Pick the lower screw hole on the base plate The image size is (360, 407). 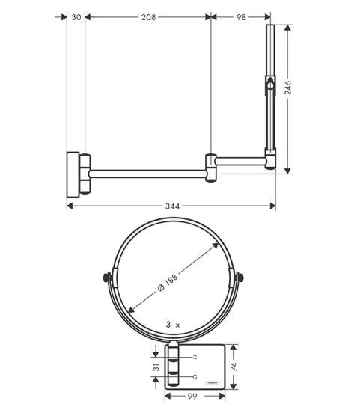(195, 376)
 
